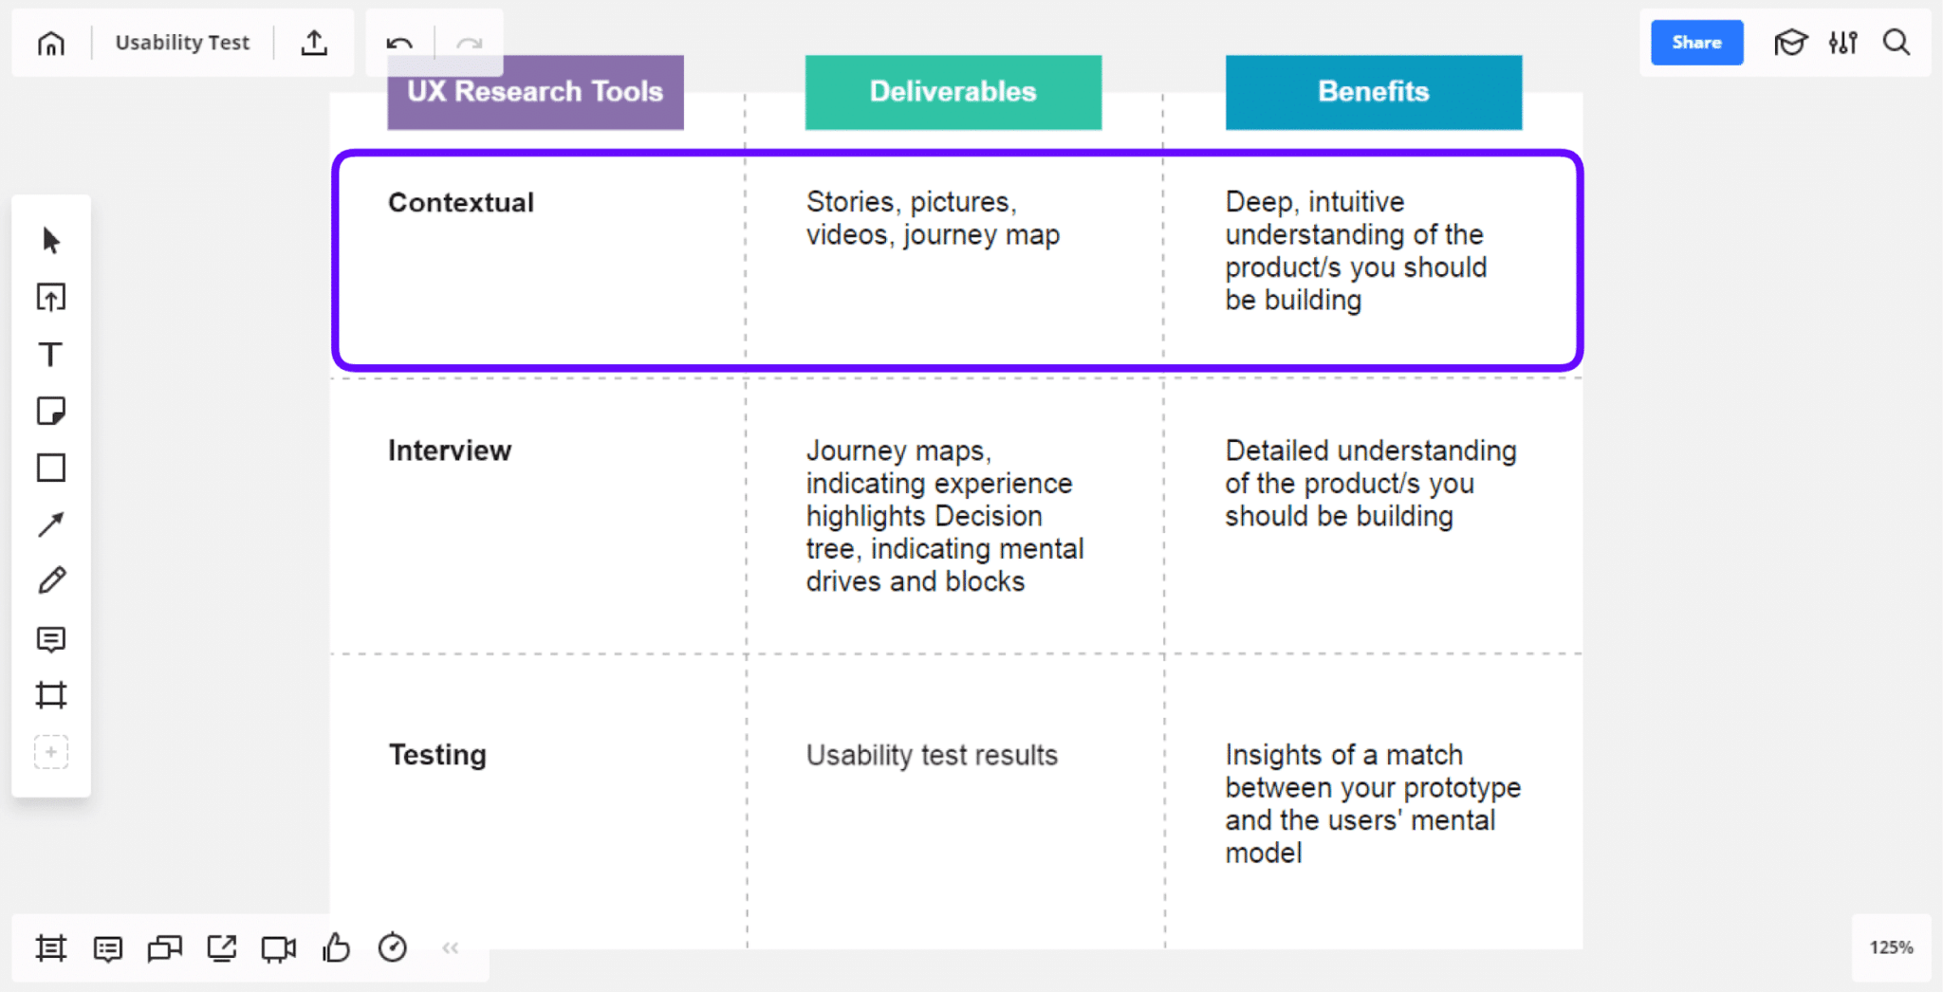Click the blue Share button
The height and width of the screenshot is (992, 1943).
(x=1696, y=43)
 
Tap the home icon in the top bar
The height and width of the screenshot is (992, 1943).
(x=51, y=44)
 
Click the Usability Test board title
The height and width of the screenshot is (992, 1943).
(x=182, y=43)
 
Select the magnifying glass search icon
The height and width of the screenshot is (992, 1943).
(x=1897, y=43)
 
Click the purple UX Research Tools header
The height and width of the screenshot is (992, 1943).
(x=535, y=92)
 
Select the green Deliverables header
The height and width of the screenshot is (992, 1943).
(x=953, y=92)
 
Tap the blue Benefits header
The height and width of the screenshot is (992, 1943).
(x=1373, y=92)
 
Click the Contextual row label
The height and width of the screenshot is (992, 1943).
(x=461, y=203)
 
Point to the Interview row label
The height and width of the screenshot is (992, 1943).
(x=450, y=450)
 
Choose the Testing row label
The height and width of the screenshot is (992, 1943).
(x=437, y=755)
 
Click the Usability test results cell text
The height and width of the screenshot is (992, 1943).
(x=932, y=755)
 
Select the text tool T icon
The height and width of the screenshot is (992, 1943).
(x=50, y=355)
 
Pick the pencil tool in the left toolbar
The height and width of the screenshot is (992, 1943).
(x=51, y=580)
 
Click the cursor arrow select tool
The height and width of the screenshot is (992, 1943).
(x=51, y=241)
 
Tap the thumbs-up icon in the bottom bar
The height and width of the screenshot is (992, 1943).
(x=336, y=947)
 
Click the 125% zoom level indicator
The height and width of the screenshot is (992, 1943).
(x=1891, y=947)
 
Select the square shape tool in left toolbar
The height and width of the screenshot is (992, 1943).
(x=51, y=468)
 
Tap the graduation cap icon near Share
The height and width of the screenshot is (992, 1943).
(x=1790, y=43)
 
